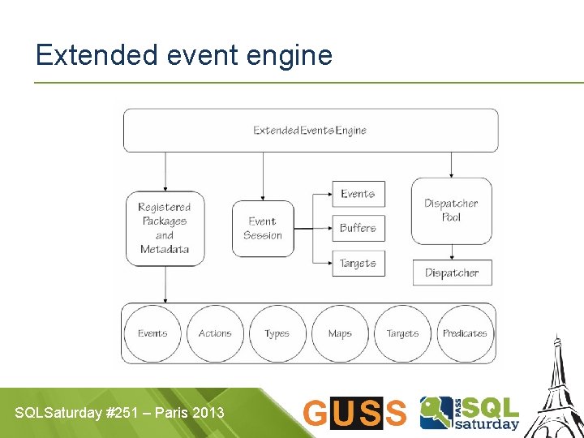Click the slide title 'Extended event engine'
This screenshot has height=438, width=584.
click(184, 55)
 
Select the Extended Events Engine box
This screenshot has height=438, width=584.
click(311, 131)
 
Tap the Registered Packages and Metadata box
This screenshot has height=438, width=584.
click(165, 228)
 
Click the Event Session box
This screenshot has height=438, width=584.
click(263, 228)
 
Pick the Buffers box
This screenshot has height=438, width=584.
click(358, 228)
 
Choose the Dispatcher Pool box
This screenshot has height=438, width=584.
click(451, 211)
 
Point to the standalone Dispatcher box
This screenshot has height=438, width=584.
click(451, 273)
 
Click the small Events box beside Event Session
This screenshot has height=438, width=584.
click(358, 194)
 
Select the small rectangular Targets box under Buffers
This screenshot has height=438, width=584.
click(358, 264)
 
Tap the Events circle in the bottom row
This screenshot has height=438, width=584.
click(152, 333)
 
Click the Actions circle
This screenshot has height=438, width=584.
click(215, 333)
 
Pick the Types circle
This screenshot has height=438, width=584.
click(277, 333)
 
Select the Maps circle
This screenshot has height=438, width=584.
click(340, 333)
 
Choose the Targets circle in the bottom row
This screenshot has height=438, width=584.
click(402, 333)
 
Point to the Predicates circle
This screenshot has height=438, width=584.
click(465, 333)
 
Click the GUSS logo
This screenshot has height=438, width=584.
click(354, 413)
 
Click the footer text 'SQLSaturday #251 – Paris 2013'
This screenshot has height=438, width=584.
click(119, 413)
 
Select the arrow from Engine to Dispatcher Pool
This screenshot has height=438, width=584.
click(451, 165)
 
